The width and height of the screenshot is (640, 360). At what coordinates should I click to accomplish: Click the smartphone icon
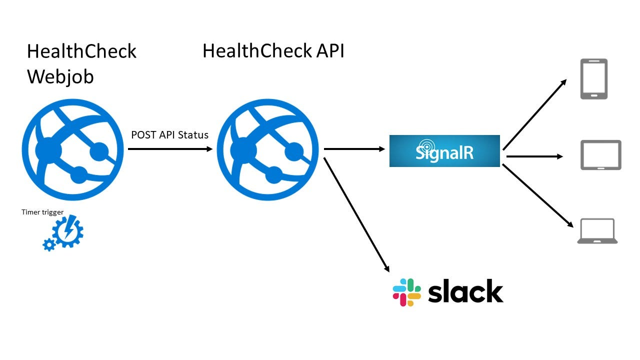click(593, 79)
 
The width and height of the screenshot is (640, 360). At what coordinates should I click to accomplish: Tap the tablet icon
click(600, 155)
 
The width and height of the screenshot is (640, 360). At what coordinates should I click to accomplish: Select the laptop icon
click(597, 231)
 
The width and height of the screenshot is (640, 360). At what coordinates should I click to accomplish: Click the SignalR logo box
click(444, 151)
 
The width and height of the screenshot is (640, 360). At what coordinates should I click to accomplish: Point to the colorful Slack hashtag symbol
click(407, 292)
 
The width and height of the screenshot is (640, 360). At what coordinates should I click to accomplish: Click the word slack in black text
click(465, 291)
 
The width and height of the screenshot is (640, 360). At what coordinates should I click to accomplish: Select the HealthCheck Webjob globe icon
click(72, 149)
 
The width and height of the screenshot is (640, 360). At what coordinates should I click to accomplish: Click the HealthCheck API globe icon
click(267, 149)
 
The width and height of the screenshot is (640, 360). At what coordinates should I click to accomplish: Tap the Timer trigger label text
click(42, 212)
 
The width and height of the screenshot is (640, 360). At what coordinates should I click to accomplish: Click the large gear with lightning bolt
click(67, 231)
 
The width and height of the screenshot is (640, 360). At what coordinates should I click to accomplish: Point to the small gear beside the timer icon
click(49, 244)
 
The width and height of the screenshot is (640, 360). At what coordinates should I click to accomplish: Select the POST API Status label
click(169, 135)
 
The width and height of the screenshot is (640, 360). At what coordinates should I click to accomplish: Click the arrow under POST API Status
click(170, 149)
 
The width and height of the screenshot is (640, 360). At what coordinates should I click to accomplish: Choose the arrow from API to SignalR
click(354, 149)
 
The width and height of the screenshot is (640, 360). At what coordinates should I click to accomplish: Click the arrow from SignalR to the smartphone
click(534, 114)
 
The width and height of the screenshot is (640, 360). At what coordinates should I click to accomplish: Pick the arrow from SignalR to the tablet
click(534, 156)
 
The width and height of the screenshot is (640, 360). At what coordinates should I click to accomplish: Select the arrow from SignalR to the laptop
click(537, 196)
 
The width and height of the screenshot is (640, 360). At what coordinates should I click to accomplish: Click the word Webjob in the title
click(60, 77)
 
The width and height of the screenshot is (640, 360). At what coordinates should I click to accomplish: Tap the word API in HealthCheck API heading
click(328, 51)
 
